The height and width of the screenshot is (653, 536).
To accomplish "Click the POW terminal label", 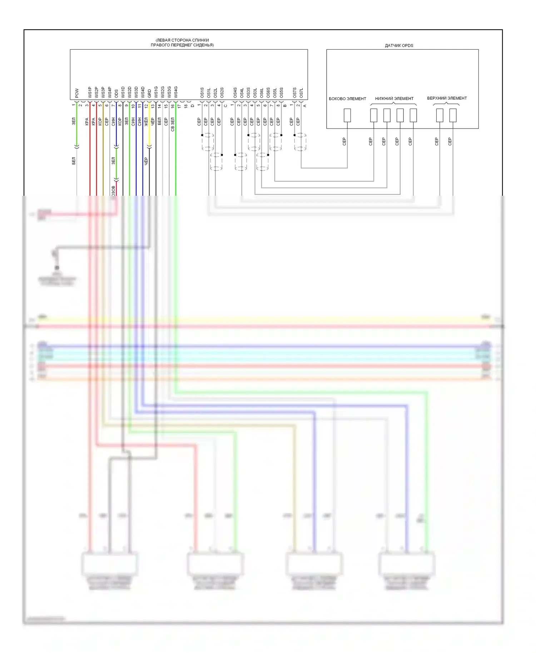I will tap(77, 94).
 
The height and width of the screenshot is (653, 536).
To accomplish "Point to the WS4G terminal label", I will tap(176, 92).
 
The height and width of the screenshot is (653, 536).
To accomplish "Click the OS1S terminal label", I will tap(202, 93).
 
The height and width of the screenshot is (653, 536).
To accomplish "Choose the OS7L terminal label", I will tap(301, 93).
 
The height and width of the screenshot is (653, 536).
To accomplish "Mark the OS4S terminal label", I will tap(235, 93).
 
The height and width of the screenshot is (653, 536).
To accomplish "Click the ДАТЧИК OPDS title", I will tap(399, 46).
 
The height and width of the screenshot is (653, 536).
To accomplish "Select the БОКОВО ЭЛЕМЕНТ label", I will tap(347, 99).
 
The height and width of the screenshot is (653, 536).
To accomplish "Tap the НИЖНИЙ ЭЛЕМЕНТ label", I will tap(394, 99).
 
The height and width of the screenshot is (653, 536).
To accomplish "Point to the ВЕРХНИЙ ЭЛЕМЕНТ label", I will tap(447, 98).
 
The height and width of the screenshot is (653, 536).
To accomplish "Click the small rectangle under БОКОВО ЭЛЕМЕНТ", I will tap(347, 115).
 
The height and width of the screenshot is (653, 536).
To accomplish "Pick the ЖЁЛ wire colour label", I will tap(146, 122).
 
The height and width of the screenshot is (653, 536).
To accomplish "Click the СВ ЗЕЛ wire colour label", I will tap(173, 124).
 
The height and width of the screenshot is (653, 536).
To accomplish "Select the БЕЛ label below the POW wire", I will tap(74, 161).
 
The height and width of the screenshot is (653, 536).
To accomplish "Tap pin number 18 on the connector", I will tap(186, 106).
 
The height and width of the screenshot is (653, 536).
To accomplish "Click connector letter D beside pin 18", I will tap(193, 106).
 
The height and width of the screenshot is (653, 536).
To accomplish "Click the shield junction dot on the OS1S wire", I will tap(202, 135).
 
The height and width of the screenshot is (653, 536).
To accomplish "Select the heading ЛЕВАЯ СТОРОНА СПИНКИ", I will tap(182, 40).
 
